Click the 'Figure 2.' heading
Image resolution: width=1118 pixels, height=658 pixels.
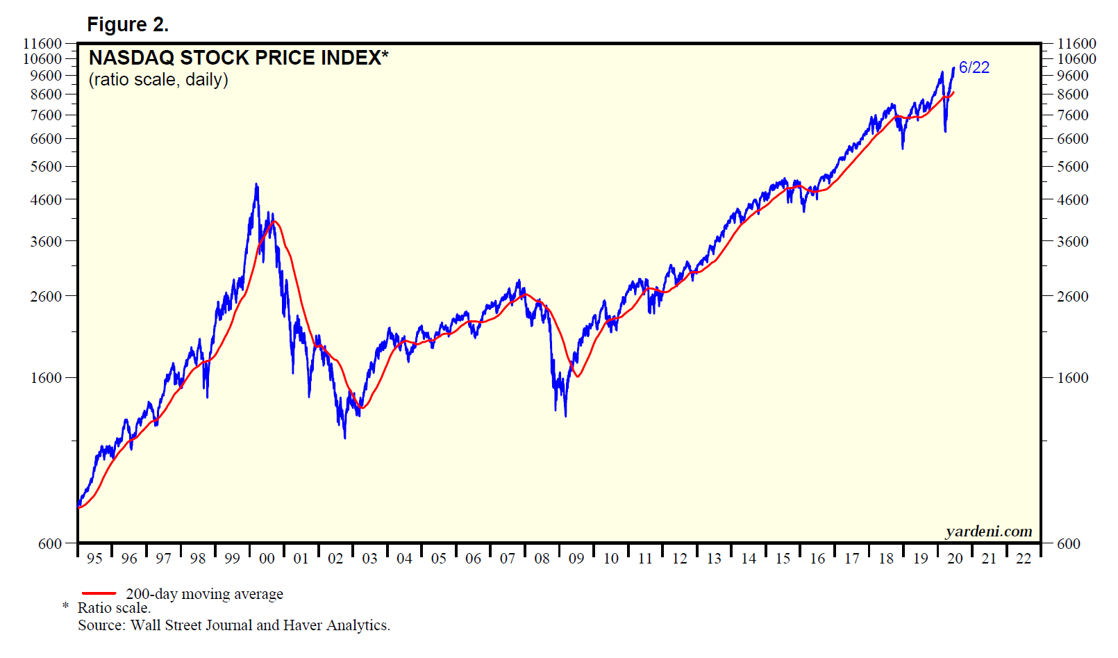coord(128,25)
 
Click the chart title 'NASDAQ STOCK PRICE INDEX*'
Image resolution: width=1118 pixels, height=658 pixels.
coord(238,58)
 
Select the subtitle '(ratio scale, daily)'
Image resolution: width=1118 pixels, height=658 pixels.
coord(158,80)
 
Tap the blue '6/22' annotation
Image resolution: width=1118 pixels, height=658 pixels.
coord(974,67)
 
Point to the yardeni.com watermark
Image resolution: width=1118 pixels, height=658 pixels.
coord(988,532)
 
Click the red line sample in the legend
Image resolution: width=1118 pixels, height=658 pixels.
coord(99,593)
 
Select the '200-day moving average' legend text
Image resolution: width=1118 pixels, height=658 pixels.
coord(204,594)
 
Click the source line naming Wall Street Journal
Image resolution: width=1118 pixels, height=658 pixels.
coord(234,625)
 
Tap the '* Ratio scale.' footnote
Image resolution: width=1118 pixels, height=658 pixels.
coord(108,608)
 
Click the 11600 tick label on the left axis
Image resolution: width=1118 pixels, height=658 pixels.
coord(43,44)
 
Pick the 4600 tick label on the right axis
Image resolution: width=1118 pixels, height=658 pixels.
coord(1072,200)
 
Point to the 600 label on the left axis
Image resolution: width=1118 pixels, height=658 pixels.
coord(50,544)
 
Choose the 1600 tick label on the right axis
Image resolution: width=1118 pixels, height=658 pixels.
coord(1072,378)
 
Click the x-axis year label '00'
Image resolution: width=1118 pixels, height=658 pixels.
coord(267,559)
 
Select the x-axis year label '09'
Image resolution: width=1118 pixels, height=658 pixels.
coord(576,559)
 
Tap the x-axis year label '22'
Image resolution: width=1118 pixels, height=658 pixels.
coord(1024,559)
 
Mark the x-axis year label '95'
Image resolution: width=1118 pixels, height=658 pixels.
coord(94,559)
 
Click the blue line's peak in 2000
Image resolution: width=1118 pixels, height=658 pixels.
coord(256,185)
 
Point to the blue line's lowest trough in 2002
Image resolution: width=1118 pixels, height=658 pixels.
coord(345,437)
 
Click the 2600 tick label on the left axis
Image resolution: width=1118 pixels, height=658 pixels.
coord(47,296)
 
